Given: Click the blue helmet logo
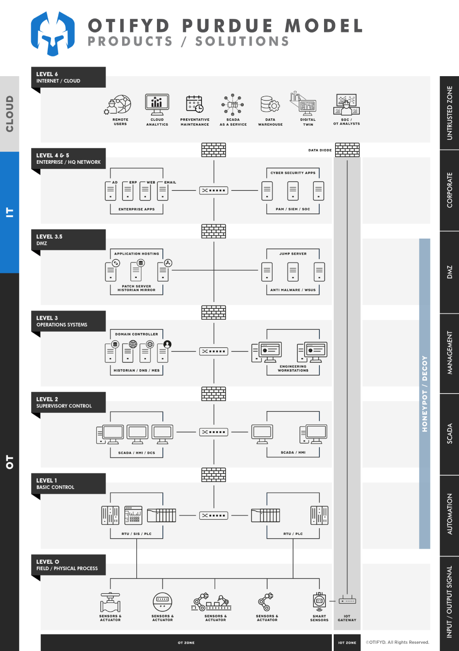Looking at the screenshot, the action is pos(53,33).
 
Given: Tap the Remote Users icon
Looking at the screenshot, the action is pos(118,105).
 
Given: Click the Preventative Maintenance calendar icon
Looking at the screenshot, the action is pos(195,104).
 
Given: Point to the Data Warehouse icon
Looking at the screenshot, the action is pos(270,104).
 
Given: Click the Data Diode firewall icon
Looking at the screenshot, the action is pos(347,150).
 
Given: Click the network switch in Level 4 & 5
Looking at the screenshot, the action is pos(213,190).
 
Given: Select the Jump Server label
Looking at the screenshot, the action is pos(293,254).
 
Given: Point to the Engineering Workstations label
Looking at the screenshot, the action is pos(293,368).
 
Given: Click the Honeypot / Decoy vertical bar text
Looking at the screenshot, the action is pos(425,394).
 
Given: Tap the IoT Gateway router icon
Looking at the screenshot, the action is pos(347,600).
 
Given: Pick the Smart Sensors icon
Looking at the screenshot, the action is pos(319,601).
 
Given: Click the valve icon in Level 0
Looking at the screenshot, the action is pos(110,602).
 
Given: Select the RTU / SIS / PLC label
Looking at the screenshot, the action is pos(136,534).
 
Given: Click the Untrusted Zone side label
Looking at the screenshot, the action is pos(449,113).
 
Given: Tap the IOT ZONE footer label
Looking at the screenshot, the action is pos(347,643).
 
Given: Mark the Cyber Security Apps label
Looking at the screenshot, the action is pos(293,172).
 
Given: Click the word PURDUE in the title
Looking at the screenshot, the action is pos(227,26).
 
